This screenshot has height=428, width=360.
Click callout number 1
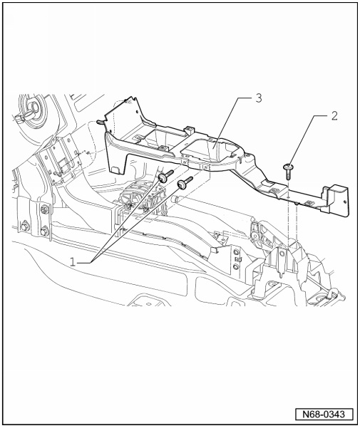coord(73,262)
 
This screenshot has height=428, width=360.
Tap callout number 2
coord(334,116)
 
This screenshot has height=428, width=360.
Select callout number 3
coord(258,98)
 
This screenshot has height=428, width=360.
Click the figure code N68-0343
coord(324,414)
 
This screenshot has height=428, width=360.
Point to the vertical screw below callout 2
coord(288,172)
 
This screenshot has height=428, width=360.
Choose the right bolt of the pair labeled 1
coord(185,182)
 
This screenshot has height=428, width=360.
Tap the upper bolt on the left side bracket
coord(44,209)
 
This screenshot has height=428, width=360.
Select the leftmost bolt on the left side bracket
coord(24,226)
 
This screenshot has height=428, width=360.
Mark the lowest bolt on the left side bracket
coord(43,231)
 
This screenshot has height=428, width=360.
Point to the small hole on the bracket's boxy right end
coord(345,202)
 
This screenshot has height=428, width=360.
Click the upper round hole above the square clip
coord(236,251)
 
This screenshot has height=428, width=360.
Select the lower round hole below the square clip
coord(236,266)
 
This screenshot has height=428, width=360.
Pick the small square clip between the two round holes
coord(237,259)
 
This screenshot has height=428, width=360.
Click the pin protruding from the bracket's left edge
coord(100,122)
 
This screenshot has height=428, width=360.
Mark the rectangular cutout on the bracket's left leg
coord(116,169)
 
